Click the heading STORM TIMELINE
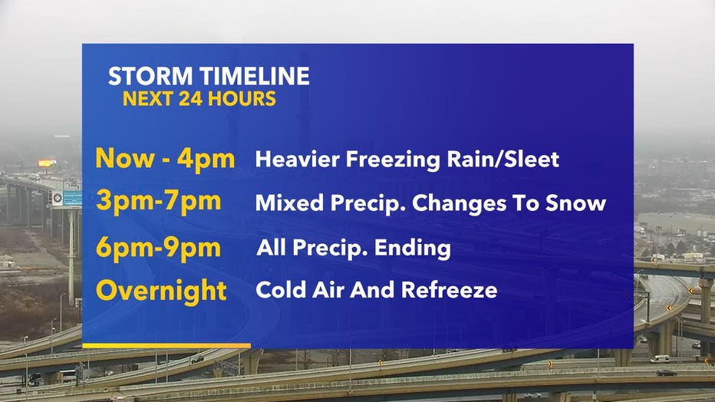[209, 76]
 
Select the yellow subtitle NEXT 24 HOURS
[199, 99]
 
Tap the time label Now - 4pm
[165, 159]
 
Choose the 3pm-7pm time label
[159, 202]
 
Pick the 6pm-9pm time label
[159, 248]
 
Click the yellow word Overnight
[161, 291]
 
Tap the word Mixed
[289, 203]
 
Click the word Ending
[412, 249]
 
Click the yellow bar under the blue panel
[166, 346]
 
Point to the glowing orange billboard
[47, 163]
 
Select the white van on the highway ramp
[660, 359]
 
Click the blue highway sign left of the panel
[73, 199]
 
